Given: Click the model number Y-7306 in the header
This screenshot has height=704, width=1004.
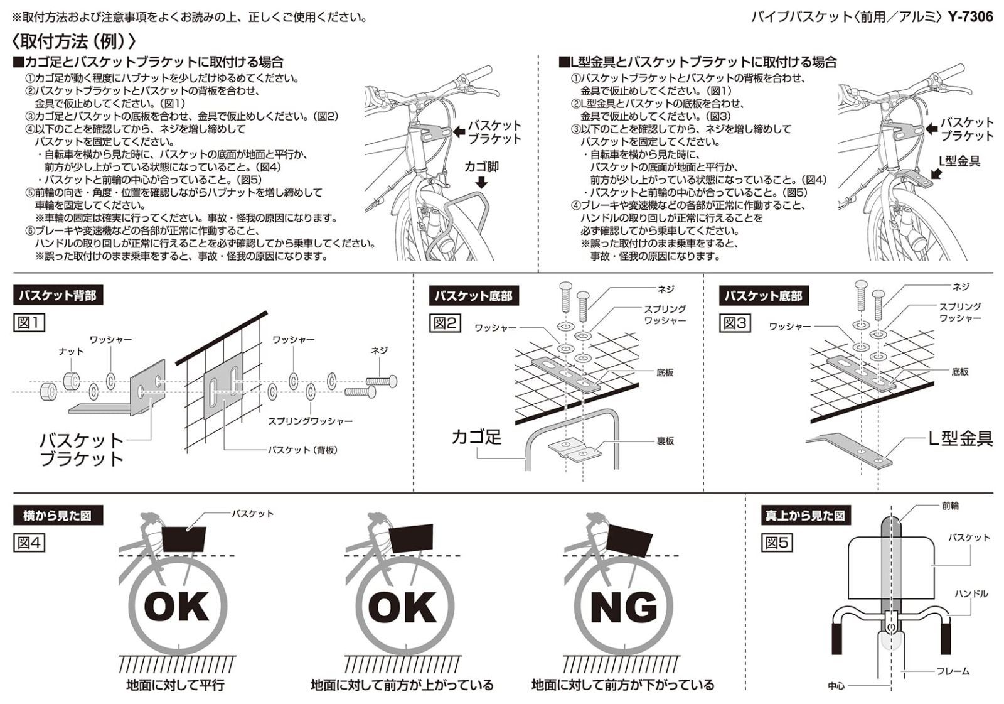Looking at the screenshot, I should (970, 16).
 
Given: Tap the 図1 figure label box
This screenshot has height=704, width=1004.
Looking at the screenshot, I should (29, 323).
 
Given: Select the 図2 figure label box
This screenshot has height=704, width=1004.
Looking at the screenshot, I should (445, 323).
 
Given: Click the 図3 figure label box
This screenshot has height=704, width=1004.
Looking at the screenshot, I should (735, 323).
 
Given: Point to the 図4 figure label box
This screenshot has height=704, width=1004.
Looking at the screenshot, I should (29, 543).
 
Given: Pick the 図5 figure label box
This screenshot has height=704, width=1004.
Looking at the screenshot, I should (776, 543).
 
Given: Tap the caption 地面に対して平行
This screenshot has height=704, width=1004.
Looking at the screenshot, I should (175, 685).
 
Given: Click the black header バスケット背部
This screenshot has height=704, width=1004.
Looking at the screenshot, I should (57, 296).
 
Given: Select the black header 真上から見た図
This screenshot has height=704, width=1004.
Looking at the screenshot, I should (805, 516).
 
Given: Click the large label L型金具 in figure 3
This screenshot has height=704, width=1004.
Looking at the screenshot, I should (960, 438).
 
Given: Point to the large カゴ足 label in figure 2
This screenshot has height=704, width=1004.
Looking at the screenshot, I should (476, 437).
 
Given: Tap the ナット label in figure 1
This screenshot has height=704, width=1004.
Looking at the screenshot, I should (71, 352).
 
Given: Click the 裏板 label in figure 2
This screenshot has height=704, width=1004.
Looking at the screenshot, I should (665, 441).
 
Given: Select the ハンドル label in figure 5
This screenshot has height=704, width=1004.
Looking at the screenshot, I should (971, 593).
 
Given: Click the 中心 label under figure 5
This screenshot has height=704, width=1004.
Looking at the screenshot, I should (836, 686).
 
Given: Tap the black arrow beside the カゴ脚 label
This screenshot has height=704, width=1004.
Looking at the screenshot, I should (481, 183).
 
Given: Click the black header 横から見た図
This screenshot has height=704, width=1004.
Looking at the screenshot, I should (57, 516).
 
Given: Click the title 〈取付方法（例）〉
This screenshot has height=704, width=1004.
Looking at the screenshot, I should (73, 41).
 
